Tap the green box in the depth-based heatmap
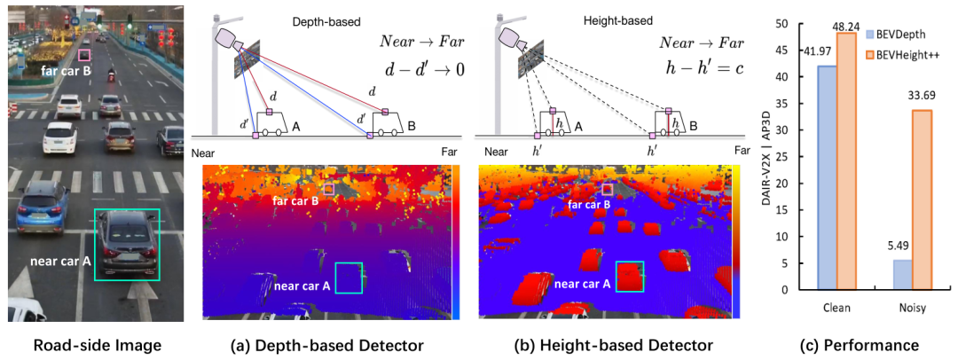349,277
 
